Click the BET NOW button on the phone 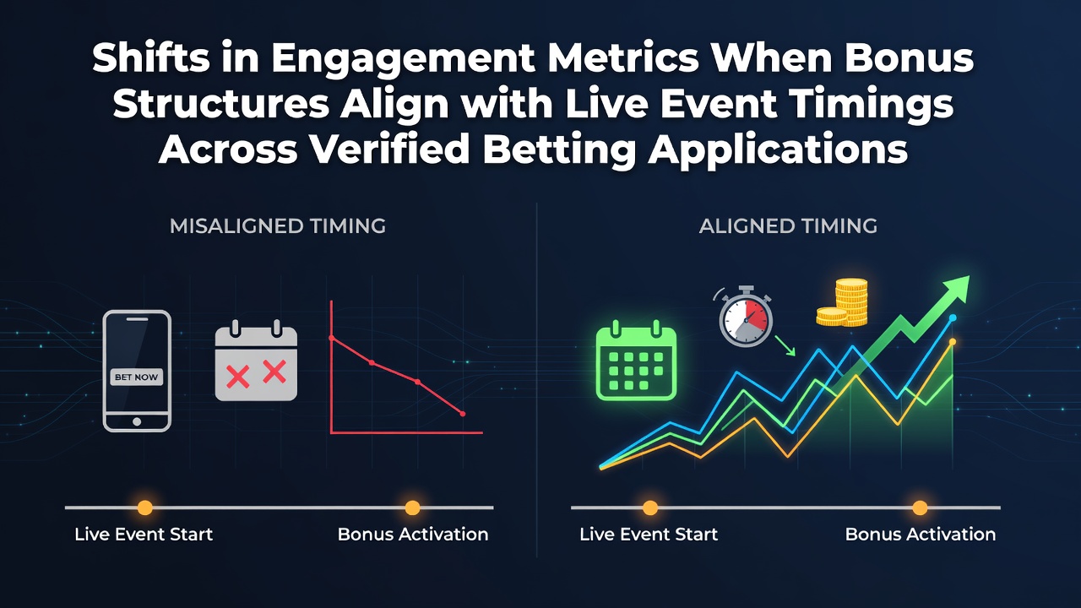pyautogui.click(x=137, y=377)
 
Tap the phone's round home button pyautogui.click(x=137, y=421)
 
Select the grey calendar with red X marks pyautogui.click(x=256, y=360)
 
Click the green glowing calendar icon pyautogui.click(x=636, y=360)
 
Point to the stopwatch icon pyautogui.click(x=745, y=317)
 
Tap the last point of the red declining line pyautogui.click(x=463, y=414)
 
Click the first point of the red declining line pyautogui.click(x=332, y=338)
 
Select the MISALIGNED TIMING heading pyautogui.click(x=278, y=225)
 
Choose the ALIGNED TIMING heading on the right pyautogui.click(x=788, y=225)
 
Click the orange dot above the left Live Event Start pyautogui.click(x=144, y=508)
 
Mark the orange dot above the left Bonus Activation pyautogui.click(x=412, y=508)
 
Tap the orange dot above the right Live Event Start pyautogui.click(x=650, y=508)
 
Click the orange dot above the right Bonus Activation pyautogui.click(x=920, y=508)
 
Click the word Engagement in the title pyautogui.click(x=403, y=59)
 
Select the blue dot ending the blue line pyautogui.click(x=953, y=318)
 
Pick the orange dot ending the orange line pyautogui.click(x=953, y=342)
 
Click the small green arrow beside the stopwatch pyautogui.click(x=785, y=346)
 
